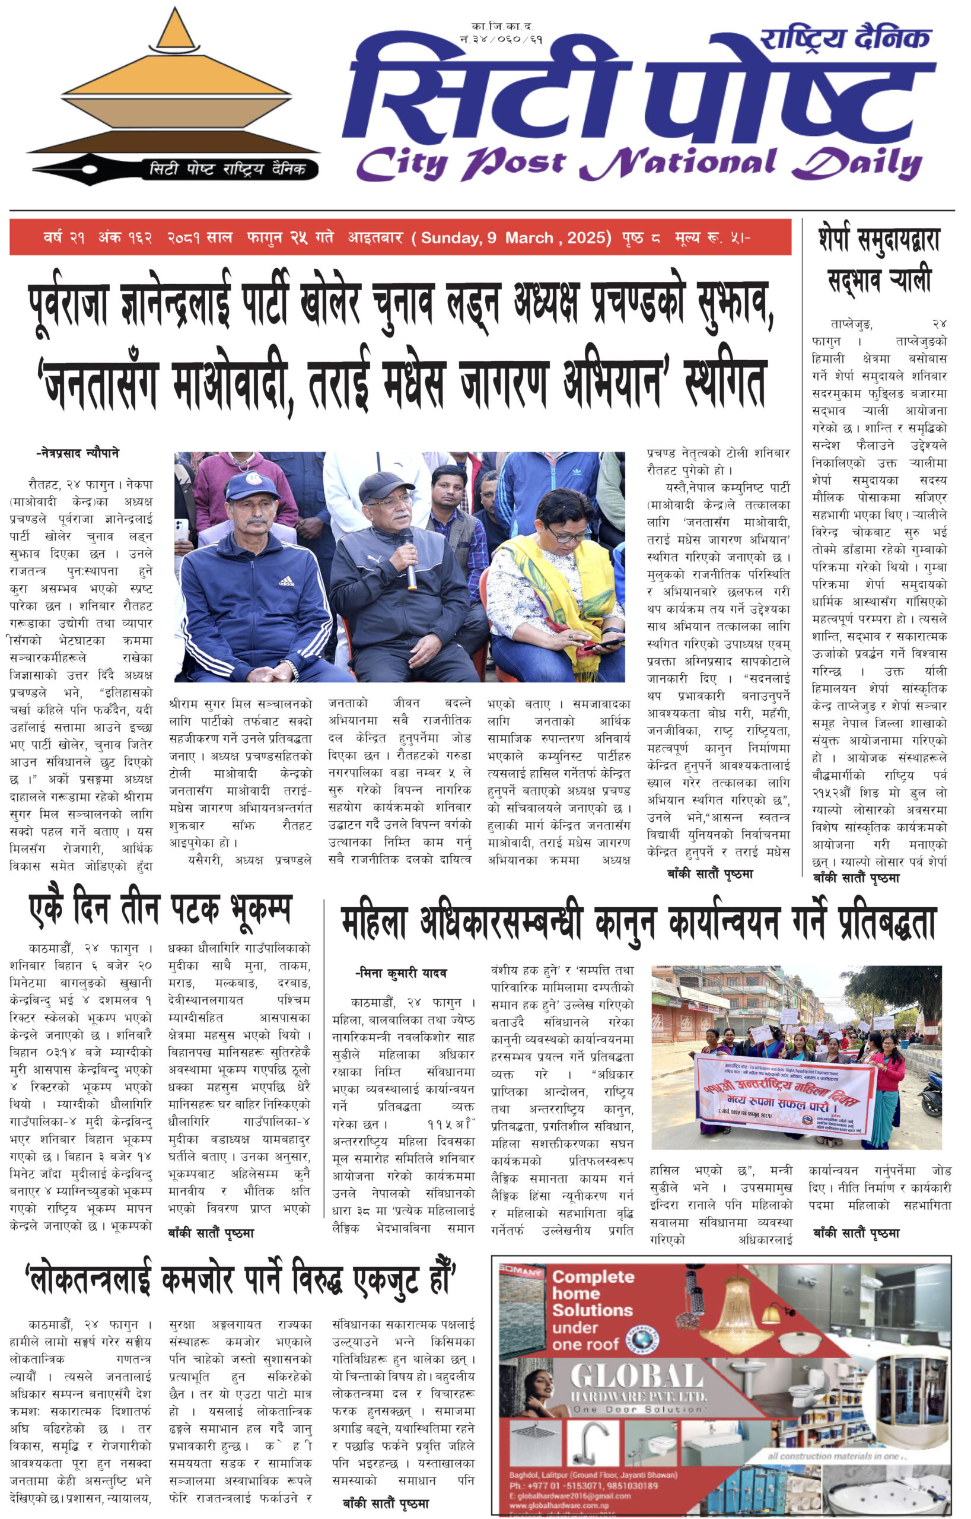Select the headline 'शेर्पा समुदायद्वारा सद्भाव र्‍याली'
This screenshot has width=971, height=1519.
(x=879, y=259)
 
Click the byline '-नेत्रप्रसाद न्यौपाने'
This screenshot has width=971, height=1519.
(x=78, y=453)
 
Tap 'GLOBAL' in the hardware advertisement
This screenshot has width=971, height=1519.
(x=637, y=1377)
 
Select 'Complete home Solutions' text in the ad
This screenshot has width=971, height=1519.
(x=592, y=1293)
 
